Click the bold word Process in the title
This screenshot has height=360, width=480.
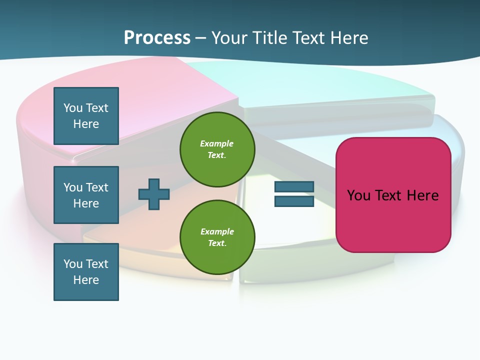pos(157,37)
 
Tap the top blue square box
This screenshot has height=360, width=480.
pos(86,116)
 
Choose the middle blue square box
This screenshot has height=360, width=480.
pos(86,195)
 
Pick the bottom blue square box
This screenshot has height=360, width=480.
pos(86,272)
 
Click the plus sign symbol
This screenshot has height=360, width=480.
pos(154,194)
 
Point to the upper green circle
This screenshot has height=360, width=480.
pos(217,149)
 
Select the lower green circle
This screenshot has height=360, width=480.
pos(217,237)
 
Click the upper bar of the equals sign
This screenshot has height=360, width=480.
pos(294,186)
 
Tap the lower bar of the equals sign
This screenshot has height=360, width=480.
pos(294,201)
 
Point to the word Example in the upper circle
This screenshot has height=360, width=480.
pos(217,143)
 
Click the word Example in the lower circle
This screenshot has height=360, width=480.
pos(217,231)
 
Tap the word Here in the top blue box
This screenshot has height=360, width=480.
pos(86,124)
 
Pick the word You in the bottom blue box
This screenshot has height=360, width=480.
pos(73,264)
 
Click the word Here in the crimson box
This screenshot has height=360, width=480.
pos(423,195)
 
